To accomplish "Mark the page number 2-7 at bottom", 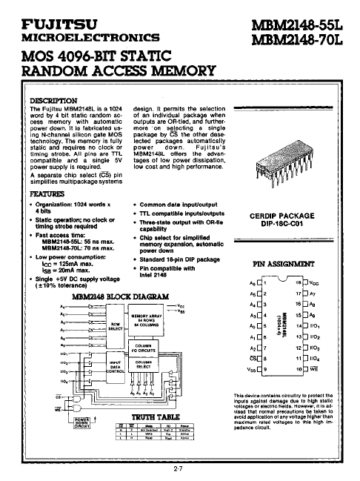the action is (x=179, y=469).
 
